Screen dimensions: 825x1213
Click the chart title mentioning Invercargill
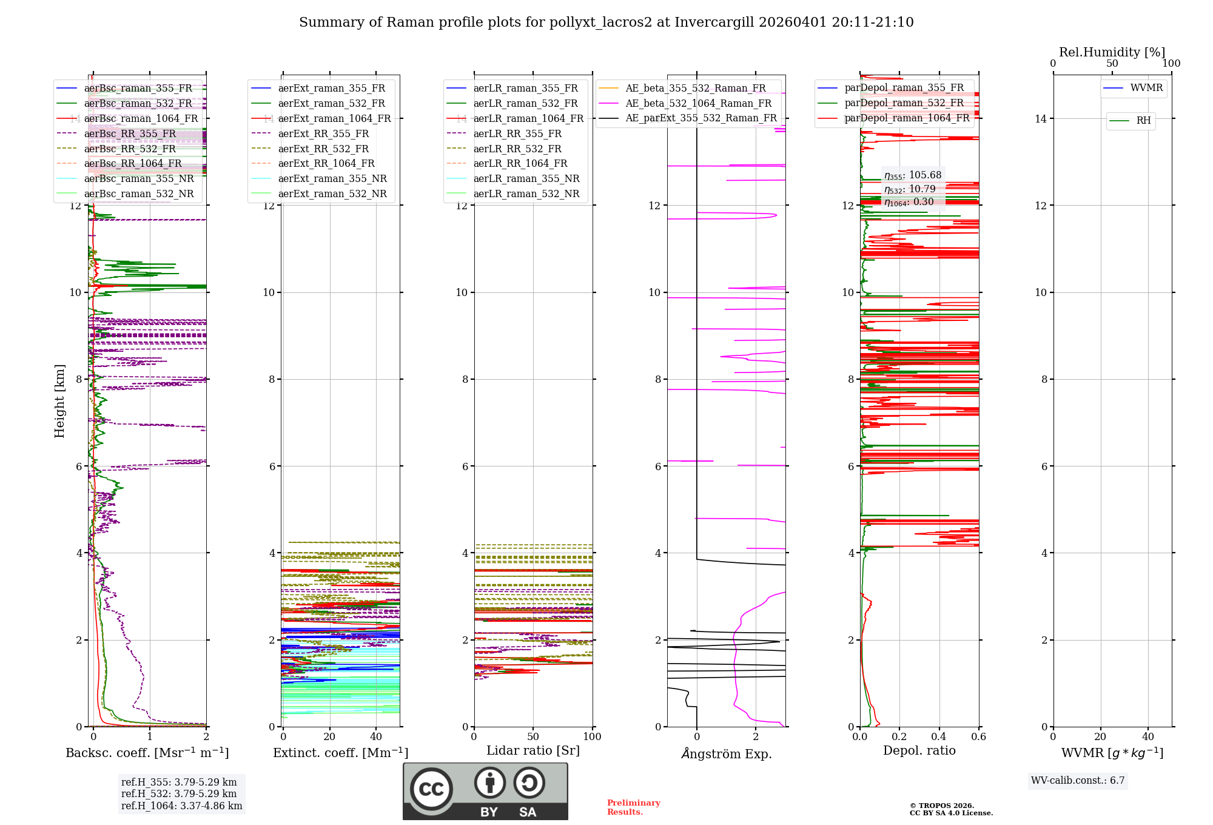click(606, 22)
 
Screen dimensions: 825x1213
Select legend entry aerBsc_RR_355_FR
click(130, 133)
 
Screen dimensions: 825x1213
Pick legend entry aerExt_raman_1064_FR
click(334, 118)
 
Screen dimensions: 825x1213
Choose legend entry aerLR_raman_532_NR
click(526, 194)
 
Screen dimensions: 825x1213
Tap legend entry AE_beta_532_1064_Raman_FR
click(698, 103)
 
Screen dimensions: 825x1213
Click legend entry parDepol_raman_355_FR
click(904, 88)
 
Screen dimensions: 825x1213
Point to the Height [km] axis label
click(59, 400)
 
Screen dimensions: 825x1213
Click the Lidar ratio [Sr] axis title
click(533, 750)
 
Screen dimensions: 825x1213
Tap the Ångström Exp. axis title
click(726, 753)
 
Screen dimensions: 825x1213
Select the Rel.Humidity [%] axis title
click(1112, 52)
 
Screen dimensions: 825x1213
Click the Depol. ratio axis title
click(919, 750)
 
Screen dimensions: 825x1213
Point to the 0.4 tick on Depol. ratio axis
click(939, 736)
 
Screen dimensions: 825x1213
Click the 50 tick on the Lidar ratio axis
click(533, 736)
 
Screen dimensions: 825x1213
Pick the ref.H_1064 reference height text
click(181, 806)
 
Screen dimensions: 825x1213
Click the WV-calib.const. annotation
click(1078, 780)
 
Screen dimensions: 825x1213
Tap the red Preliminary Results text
click(633, 807)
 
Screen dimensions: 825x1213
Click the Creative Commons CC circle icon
click(431, 789)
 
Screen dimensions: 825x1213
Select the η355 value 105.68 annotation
click(913, 175)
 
